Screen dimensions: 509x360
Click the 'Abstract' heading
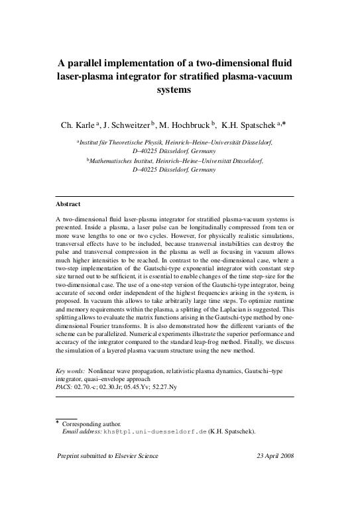click(68, 203)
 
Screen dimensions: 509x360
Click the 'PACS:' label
click(64, 386)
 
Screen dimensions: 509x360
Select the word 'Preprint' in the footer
click(71, 457)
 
